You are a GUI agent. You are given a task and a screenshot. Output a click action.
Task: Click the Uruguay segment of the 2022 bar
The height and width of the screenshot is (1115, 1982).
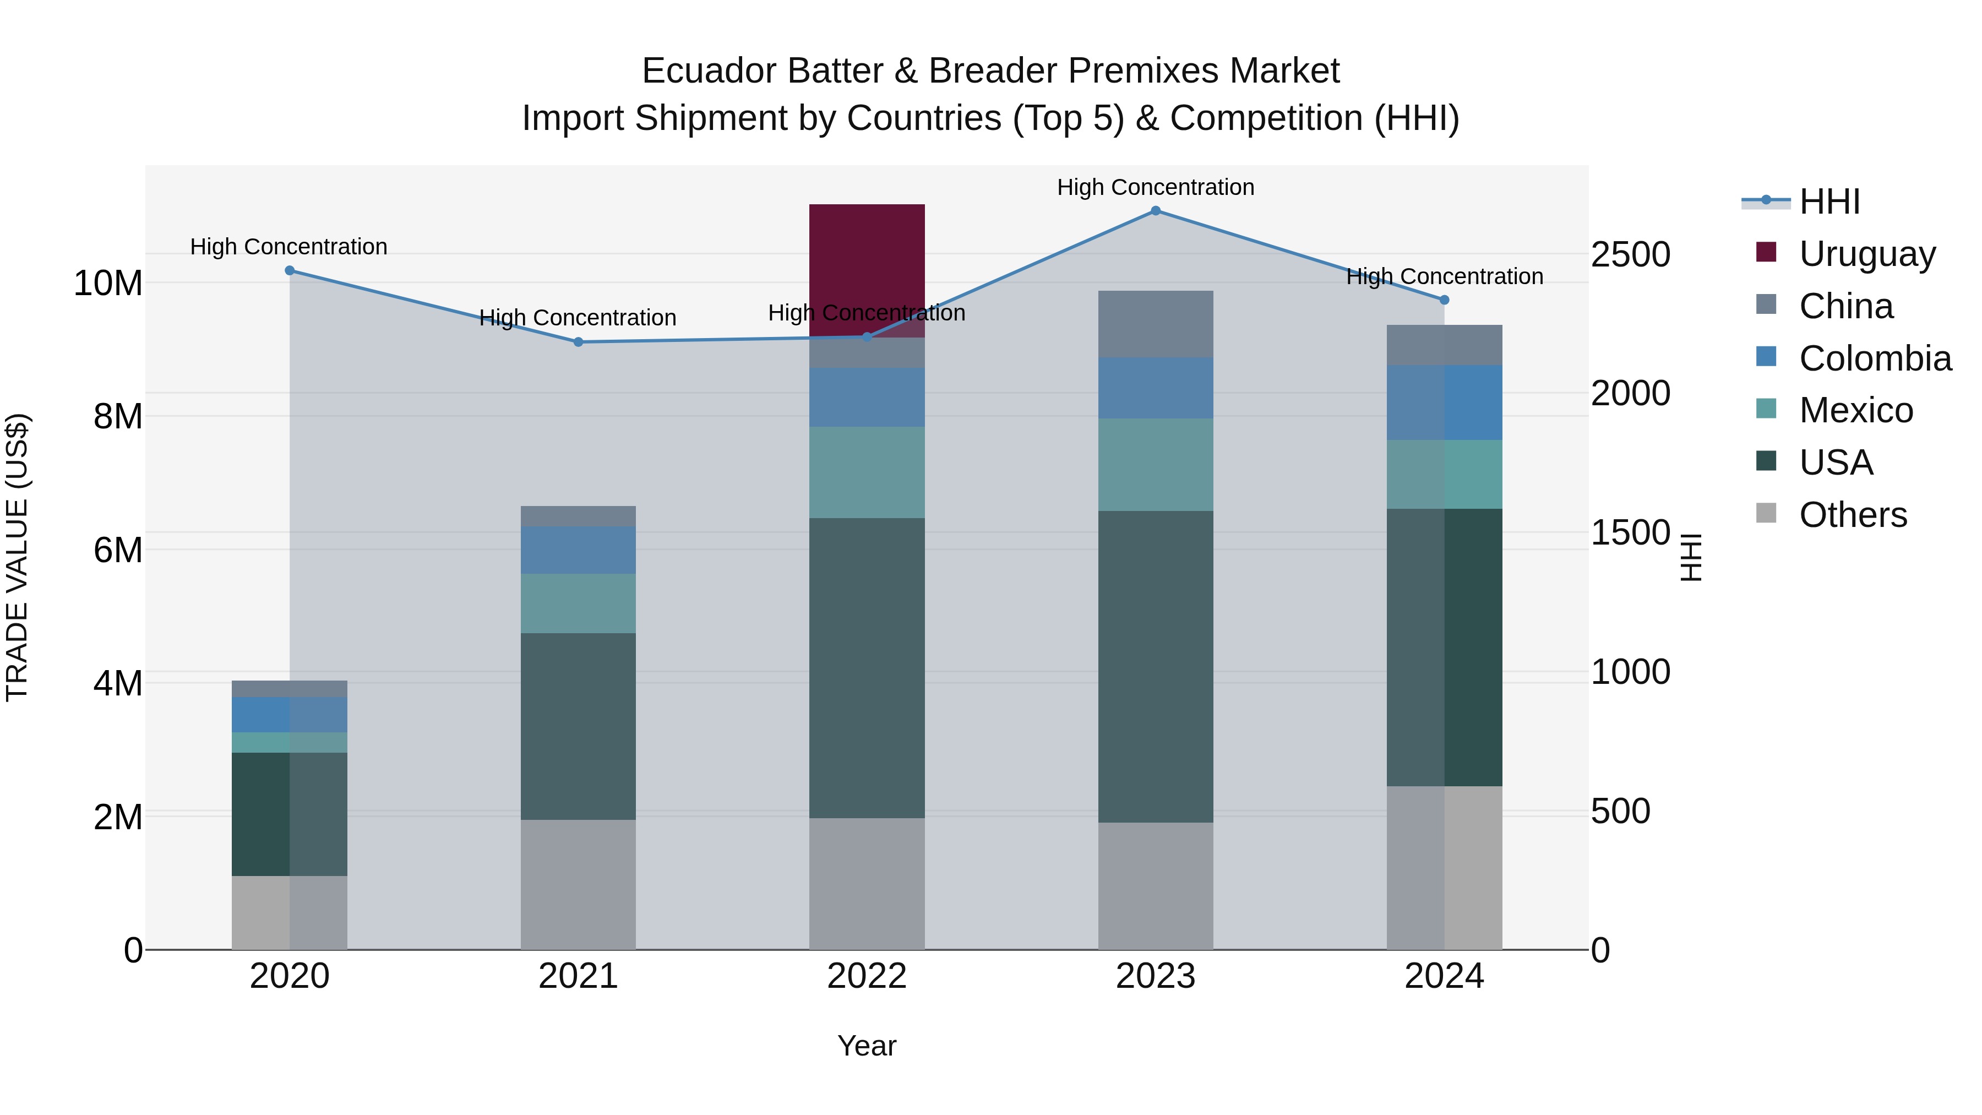click(867, 269)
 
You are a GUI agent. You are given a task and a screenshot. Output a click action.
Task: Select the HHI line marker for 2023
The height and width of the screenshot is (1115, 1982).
click(1155, 211)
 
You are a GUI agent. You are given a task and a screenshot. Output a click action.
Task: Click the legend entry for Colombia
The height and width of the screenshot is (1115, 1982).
click(1874, 358)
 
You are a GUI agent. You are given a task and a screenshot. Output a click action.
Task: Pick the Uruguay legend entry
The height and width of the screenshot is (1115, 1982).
click(1866, 254)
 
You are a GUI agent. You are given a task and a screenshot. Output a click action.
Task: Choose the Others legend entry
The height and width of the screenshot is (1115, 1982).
click(1853, 515)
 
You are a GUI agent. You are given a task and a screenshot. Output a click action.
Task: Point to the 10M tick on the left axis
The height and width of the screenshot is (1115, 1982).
click(108, 283)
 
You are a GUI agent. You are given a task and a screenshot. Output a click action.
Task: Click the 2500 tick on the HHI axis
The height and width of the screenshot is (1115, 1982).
click(1630, 255)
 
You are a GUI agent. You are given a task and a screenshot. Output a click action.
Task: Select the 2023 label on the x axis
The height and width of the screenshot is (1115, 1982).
click(1155, 976)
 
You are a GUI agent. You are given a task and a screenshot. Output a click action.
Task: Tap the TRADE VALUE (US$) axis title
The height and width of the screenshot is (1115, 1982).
click(17, 557)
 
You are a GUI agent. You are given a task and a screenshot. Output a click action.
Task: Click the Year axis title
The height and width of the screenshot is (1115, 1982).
click(867, 1046)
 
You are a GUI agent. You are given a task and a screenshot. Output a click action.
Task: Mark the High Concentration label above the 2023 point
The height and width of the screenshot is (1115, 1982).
click(1155, 187)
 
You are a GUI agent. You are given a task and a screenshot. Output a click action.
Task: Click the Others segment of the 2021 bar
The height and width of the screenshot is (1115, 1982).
click(578, 884)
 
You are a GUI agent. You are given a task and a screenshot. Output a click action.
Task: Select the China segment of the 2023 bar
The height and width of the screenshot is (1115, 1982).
click(1155, 324)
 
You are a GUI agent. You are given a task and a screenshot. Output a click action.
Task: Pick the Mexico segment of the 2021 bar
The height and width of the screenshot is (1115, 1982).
click(578, 603)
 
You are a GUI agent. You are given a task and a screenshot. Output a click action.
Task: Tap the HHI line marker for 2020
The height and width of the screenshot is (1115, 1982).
click(289, 271)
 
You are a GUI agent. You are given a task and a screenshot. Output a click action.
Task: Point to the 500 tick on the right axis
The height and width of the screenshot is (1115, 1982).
click(1620, 811)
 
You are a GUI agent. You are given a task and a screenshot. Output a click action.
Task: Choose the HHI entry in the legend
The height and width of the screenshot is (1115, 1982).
click(1829, 202)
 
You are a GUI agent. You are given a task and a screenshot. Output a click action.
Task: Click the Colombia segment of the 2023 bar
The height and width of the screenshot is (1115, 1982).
click(1155, 388)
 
